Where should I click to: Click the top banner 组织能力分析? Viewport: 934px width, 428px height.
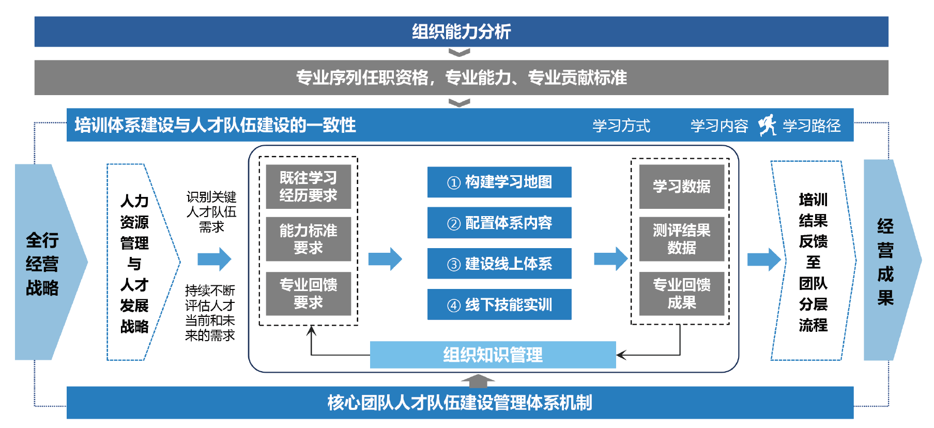461,32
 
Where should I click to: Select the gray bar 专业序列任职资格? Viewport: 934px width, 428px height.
461,78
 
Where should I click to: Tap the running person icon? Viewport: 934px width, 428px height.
767,125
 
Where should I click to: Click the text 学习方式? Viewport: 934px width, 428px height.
621,126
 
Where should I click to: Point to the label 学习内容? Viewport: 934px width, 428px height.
719,126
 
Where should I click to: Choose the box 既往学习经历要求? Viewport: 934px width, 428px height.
308,187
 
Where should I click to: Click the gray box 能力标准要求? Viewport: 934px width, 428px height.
308,239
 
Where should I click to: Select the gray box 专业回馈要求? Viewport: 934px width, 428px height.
308,293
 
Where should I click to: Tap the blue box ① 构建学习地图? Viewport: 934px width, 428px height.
499,182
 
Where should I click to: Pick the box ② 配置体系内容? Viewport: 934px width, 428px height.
499,223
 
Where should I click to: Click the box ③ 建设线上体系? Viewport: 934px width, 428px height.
499,264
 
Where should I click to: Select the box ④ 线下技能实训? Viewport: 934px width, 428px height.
499,304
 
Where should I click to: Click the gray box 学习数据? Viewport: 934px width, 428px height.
681,187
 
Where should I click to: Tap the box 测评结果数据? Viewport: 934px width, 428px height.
681,239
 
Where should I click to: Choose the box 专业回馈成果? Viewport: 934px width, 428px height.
681,293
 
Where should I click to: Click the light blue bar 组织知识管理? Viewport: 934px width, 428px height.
493,355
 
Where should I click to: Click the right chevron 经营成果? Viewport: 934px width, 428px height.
886,262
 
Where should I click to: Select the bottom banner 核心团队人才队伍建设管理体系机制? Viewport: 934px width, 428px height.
460,403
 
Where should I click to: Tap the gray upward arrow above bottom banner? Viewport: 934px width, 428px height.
478,381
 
